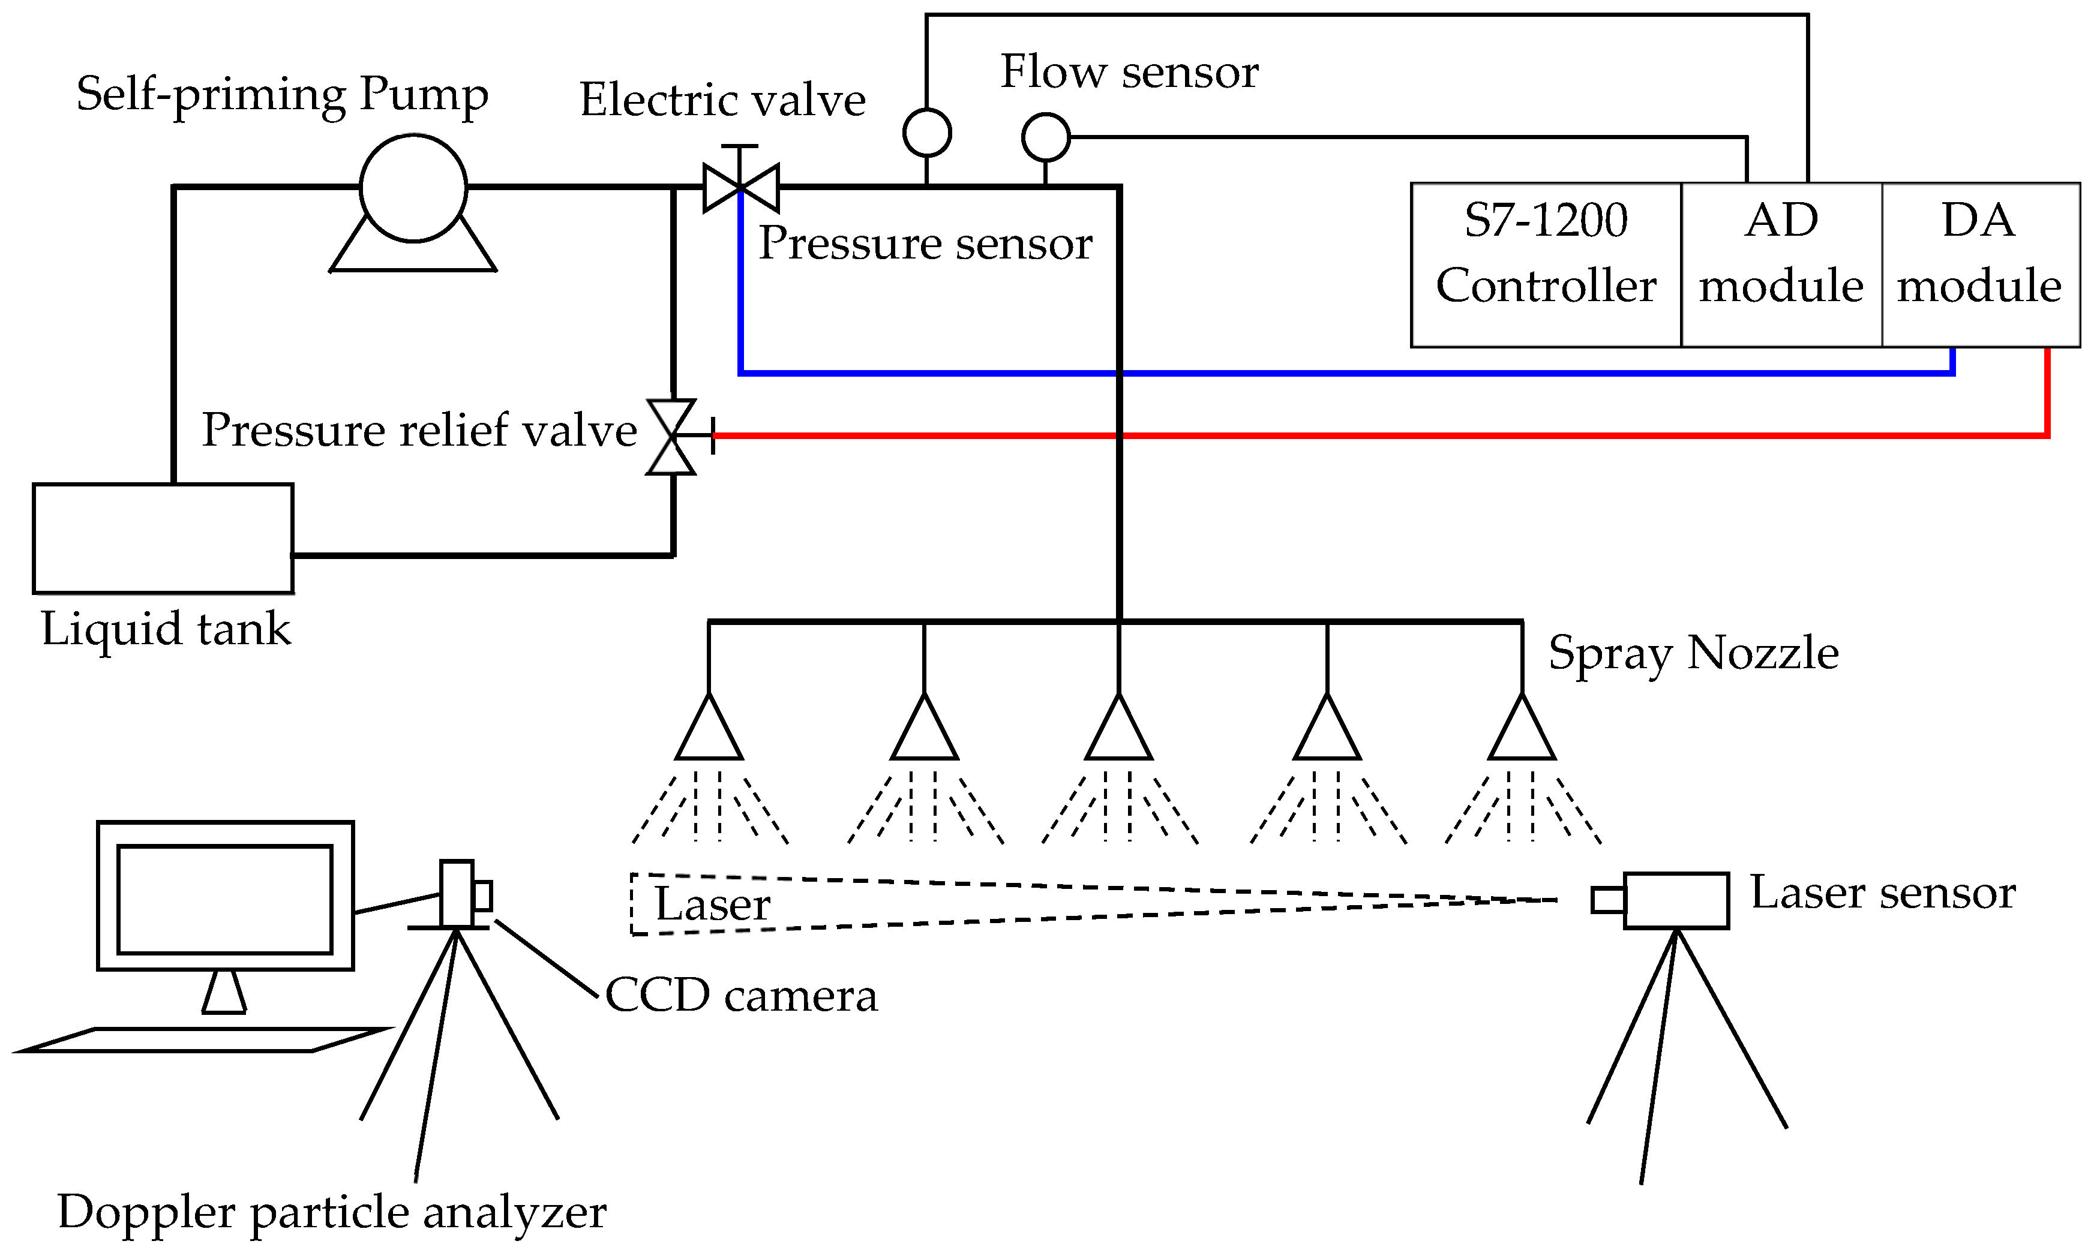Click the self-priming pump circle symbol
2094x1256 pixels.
(413, 188)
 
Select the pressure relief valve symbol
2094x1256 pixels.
(672, 437)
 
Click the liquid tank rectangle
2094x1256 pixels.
(163, 538)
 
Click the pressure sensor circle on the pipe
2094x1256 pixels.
(927, 133)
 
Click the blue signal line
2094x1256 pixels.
(1354, 372)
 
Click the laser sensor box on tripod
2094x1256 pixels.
(1675, 900)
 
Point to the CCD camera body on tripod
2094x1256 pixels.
(457, 894)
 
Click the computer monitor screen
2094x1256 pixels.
(224, 899)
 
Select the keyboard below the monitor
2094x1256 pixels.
(203, 1040)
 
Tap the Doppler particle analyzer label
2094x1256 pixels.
(332, 1212)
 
